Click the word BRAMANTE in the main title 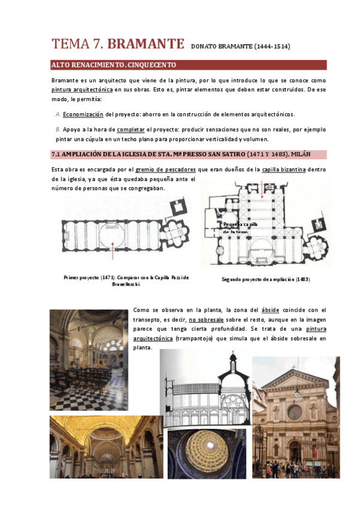coord(142,44)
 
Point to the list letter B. coord(58,129)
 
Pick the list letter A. coord(58,114)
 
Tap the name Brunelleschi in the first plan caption coord(126,284)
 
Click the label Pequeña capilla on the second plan coord(240,224)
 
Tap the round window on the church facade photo coord(294,413)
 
